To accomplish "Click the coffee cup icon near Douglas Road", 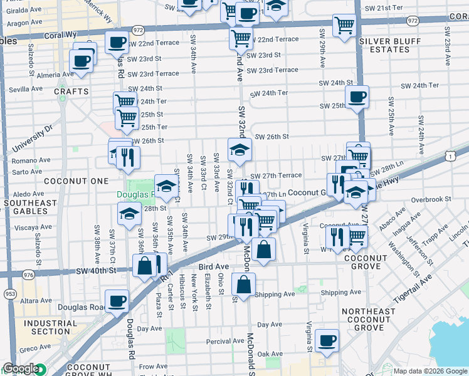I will (117, 301).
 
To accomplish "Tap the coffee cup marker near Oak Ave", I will (327, 341).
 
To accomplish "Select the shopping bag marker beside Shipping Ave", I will (243, 285).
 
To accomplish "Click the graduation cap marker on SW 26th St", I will (240, 150).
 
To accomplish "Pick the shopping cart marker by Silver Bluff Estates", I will (344, 26).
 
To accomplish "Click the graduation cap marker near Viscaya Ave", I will (129, 214).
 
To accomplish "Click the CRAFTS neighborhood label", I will (68, 91).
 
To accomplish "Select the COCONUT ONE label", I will (68, 181).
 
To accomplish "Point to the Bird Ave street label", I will (214, 267).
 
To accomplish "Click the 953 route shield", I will (10, 293).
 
